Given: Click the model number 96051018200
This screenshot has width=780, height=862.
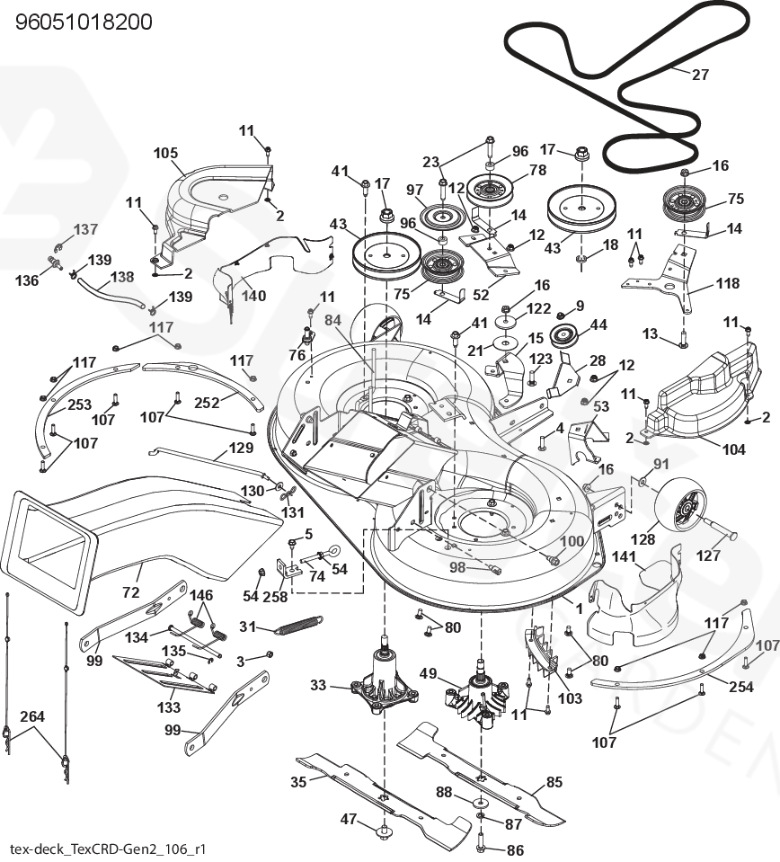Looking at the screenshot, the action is (x=84, y=22).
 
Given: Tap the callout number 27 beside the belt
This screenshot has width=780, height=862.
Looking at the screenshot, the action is (x=700, y=74).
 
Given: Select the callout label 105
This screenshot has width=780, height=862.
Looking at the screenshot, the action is (x=165, y=153).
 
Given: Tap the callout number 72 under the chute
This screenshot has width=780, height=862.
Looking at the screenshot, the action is (x=131, y=592).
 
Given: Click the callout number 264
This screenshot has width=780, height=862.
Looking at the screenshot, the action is (x=32, y=716).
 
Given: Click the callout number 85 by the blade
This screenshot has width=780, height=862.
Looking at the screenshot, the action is (x=554, y=781).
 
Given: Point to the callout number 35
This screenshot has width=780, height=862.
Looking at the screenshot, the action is (x=298, y=781).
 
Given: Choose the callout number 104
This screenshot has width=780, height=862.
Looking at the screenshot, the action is (x=733, y=449).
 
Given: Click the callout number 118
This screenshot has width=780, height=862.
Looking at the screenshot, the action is (x=728, y=283).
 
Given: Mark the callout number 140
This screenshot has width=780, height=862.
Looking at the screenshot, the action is (x=253, y=296).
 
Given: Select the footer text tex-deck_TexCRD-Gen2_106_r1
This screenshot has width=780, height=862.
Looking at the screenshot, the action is (x=108, y=849).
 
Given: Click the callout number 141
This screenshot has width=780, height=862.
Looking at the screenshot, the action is (x=624, y=556).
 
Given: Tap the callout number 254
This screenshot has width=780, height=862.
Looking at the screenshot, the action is (x=741, y=687).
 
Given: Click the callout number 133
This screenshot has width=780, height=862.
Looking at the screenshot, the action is (x=169, y=707).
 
